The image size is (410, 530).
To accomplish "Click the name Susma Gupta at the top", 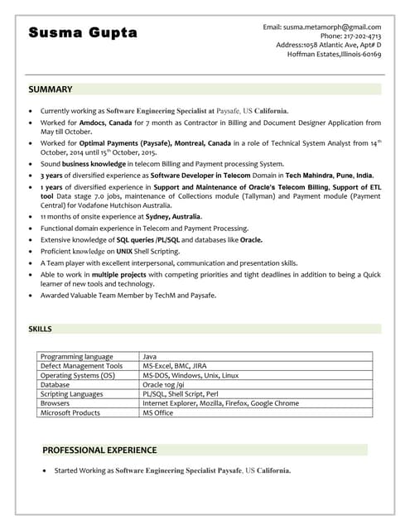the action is pos(83,33).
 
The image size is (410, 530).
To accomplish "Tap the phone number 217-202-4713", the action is pos(362,36).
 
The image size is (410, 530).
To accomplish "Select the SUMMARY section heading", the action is pos(51,89).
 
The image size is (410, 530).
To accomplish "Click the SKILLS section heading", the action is pos(41,329).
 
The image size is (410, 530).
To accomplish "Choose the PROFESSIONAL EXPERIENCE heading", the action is pos(99,450).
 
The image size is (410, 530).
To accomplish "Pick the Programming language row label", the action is pos(77,356).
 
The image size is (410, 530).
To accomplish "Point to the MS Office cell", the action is pos(158,412).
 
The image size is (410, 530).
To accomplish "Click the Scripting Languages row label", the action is pos(72,394).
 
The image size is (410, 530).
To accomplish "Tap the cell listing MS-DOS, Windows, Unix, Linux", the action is pos(191,375).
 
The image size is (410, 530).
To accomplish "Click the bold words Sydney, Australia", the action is pos(174,216).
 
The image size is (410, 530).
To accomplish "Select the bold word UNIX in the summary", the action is pos(125,251).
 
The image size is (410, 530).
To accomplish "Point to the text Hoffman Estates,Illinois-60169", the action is pos(334,54).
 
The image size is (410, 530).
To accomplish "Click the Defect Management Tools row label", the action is pos(81,365).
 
